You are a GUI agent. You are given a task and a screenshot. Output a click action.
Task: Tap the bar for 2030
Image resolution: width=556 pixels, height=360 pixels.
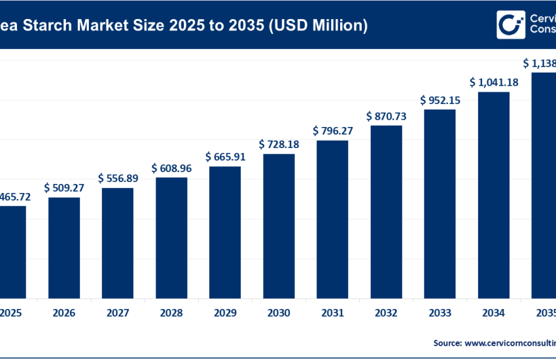pos(279,226)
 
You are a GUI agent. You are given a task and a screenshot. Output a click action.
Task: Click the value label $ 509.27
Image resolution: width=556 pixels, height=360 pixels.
pos(65,187)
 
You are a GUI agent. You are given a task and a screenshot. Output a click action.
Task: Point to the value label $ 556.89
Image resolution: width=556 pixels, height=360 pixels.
pos(118,178)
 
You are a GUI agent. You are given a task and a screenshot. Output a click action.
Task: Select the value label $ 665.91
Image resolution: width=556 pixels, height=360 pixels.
pos(226,157)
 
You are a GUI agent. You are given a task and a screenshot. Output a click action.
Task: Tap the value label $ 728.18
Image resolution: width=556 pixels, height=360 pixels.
pos(279,144)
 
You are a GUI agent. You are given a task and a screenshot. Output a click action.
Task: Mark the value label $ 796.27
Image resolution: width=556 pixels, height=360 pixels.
pos(333,131)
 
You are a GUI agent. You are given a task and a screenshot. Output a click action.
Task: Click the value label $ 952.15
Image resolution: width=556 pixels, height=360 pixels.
pos(440,100)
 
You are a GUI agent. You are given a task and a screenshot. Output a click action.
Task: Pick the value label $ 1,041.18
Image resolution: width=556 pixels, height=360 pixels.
pos(494,82)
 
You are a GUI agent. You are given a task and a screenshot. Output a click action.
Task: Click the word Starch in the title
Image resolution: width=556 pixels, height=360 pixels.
pos(50,26)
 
